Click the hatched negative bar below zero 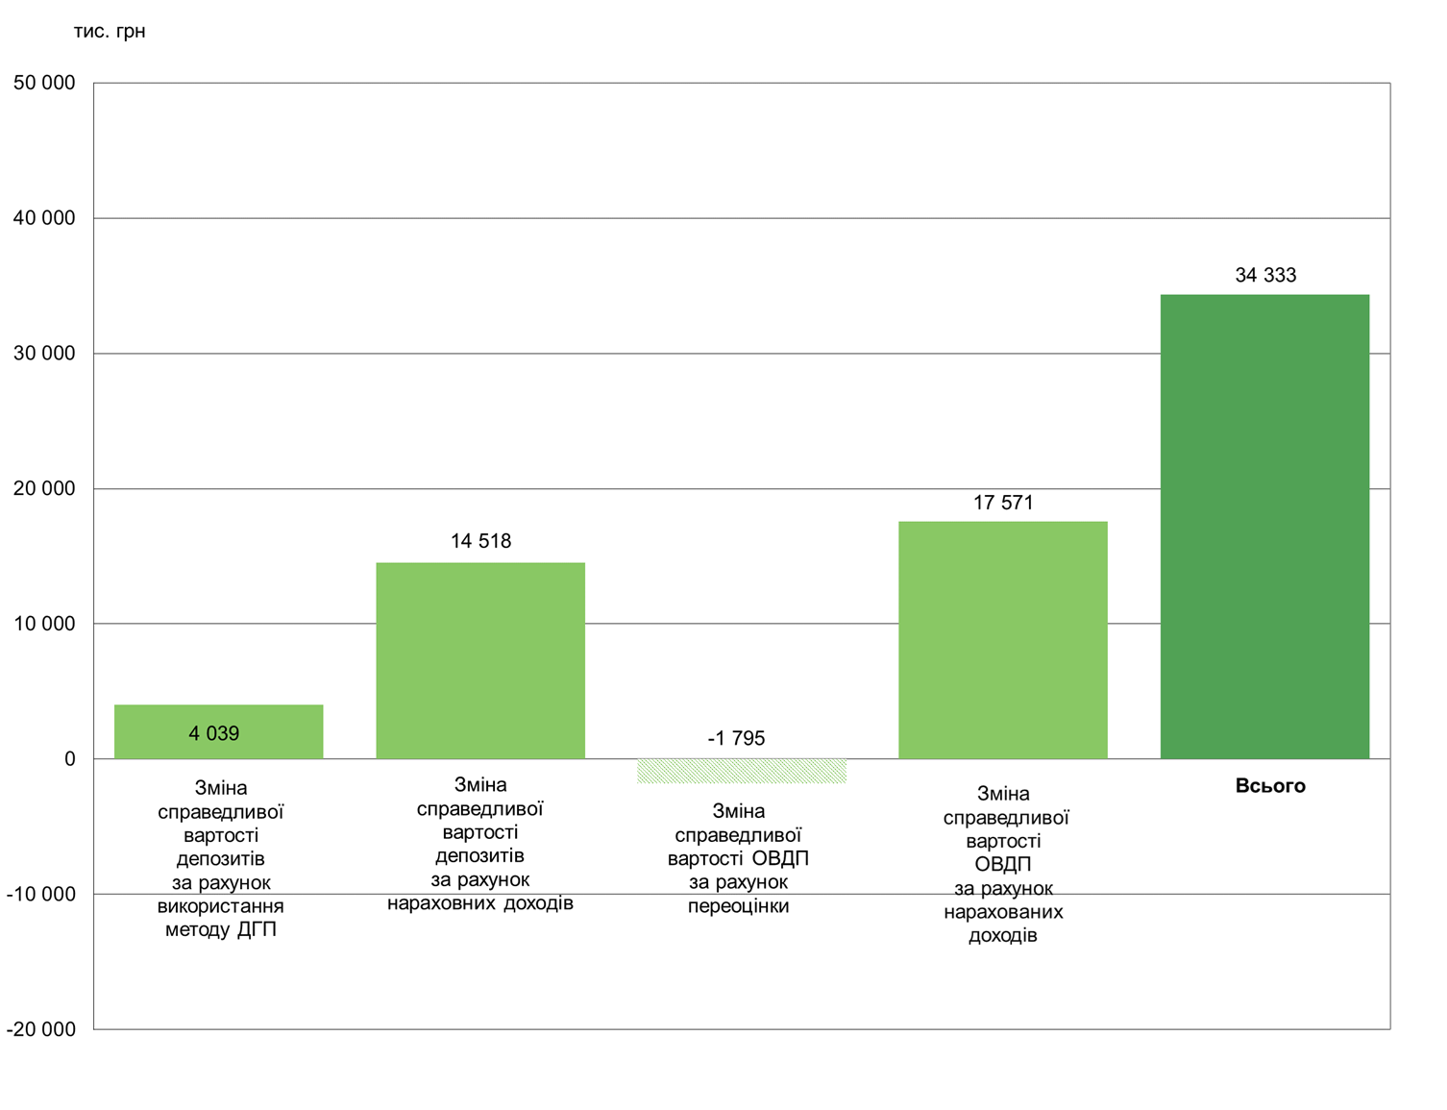tap(742, 771)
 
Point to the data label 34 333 tap(1265, 276)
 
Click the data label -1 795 tap(736, 739)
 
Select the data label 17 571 tap(1003, 503)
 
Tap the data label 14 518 tap(480, 542)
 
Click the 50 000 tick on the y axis tap(44, 84)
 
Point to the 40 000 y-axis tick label tap(44, 219)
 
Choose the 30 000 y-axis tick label tap(44, 354)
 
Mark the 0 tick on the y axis tap(69, 759)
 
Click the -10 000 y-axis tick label tap(41, 895)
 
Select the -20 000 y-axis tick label tap(41, 1029)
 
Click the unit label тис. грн tap(110, 32)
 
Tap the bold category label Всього tap(1270, 786)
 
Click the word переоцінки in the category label tap(738, 906)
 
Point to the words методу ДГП tap(221, 930)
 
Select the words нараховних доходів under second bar tap(480, 903)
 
